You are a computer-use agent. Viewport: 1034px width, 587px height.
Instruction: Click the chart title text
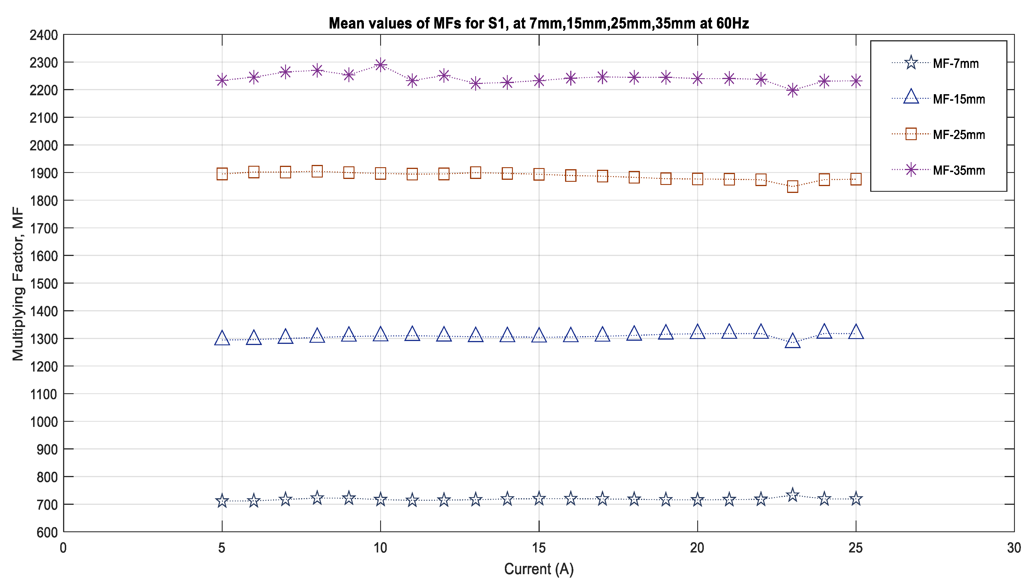coord(539,23)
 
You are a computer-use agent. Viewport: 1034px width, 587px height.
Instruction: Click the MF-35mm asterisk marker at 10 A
coord(380,64)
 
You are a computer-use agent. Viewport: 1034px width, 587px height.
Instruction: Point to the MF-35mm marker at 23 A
coord(793,90)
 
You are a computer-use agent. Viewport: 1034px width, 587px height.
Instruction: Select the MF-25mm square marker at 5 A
coord(222,174)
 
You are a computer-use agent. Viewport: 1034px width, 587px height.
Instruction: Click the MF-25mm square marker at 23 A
coord(793,186)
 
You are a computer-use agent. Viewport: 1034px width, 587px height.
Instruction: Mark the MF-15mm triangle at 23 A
coord(793,342)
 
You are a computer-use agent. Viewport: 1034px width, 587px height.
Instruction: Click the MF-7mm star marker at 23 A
coord(793,495)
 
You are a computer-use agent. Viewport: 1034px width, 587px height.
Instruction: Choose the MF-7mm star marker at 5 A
coord(222,501)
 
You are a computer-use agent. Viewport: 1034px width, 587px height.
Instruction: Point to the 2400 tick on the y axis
coord(44,35)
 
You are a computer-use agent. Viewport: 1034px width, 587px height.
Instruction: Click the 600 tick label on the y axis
coord(47,532)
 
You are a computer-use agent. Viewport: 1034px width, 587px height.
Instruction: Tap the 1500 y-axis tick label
coord(44,283)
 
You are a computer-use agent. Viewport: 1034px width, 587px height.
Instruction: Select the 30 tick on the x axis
coord(1014,548)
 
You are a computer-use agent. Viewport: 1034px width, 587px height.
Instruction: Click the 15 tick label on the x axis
coord(539,548)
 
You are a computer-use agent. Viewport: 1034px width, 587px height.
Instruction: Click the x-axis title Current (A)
coord(539,569)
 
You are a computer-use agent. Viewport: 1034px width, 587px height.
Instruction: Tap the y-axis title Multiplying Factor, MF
coord(18,283)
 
